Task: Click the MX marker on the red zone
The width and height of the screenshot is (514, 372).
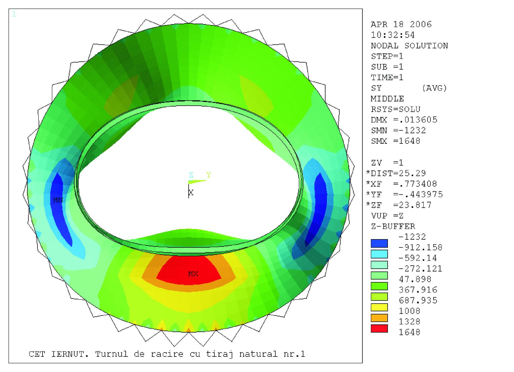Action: pyautogui.click(x=193, y=274)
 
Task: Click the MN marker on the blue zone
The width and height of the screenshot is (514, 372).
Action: pyautogui.click(x=58, y=200)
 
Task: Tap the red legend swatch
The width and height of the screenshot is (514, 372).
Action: pyautogui.click(x=379, y=329)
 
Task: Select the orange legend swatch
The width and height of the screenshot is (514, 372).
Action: pyautogui.click(x=379, y=318)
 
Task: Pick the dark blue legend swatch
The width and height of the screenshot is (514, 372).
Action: pyautogui.click(x=379, y=243)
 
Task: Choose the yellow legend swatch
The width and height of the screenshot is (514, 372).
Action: pyautogui.click(x=379, y=307)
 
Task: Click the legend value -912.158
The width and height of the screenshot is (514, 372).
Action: pyautogui.click(x=420, y=247)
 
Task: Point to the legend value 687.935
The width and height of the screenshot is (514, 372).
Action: pyautogui.click(x=418, y=300)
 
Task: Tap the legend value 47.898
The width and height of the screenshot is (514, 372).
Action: pyautogui.click(x=415, y=279)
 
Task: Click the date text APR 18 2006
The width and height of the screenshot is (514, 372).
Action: pyautogui.click(x=401, y=24)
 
